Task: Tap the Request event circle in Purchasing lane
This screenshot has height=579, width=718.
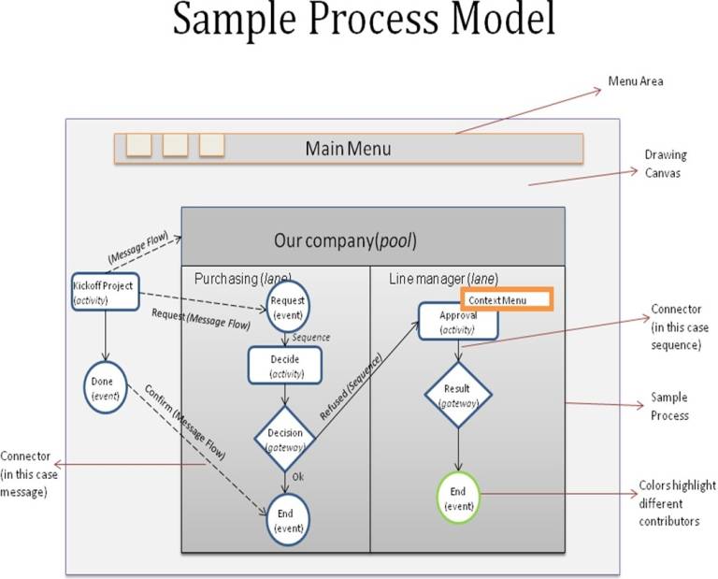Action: click(287, 306)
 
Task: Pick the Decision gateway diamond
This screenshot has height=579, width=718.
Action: click(285, 438)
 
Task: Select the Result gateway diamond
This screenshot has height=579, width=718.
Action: click(458, 394)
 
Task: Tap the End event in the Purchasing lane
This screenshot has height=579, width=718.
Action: click(286, 519)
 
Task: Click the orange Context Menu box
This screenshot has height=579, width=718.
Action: click(506, 299)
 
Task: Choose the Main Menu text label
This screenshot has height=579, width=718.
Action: click(348, 149)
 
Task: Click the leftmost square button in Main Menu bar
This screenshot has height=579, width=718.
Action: click(138, 145)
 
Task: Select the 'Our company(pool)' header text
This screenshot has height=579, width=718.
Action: click(345, 240)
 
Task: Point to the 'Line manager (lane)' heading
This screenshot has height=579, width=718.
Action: click(443, 278)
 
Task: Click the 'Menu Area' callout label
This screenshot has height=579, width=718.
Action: click(636, 81)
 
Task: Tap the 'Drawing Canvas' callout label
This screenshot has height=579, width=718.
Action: click(665, 163)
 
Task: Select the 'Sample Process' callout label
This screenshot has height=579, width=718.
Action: click(669, 406)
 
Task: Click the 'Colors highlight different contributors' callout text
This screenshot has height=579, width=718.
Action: click(677, 502)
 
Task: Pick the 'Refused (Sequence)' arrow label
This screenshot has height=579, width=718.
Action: click(351, 386)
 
